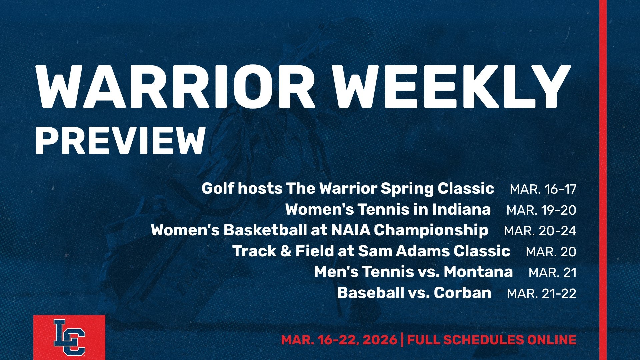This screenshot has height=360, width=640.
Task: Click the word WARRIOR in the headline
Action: coord(175,87)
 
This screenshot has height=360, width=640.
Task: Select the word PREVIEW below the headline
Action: coord(120,140)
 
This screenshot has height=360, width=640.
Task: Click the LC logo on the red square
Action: coord(69,337)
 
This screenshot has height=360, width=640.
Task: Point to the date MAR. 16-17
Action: coord(543,189)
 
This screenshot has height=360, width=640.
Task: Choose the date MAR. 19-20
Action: coord(541,210)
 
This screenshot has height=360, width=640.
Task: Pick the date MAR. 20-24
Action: coord(540,231)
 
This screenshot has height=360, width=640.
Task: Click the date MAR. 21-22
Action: coord(542,294)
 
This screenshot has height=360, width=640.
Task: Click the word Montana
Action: coord(478,272)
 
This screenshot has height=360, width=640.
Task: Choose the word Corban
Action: coord(463,293)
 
